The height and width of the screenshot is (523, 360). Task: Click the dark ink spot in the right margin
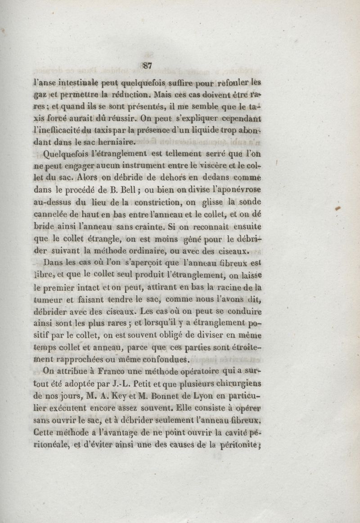click(x=338, y=208)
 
